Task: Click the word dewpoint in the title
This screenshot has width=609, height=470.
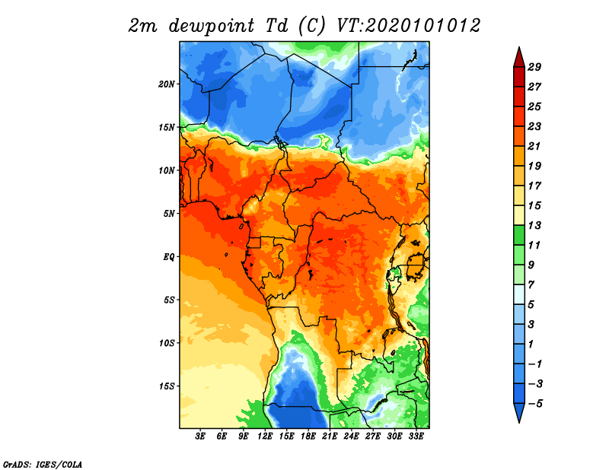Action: tap(212, 26)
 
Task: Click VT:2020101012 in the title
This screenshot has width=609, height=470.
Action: tap(408, 26)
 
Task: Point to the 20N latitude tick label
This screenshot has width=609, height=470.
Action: tap(166, 84)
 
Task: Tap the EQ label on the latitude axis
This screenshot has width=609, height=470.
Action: tap(168, 256)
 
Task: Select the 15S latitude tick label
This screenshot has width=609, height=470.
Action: tap(166, 386)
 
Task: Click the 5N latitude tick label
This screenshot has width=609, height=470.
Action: tap(168, 214)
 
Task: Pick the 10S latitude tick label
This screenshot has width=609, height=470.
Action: tap(166, 343)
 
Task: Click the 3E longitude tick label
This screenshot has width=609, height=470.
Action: tap(200, 437)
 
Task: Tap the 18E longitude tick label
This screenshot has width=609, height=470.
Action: tap(308, 437)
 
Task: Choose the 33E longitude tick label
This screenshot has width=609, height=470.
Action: tap(416, 437)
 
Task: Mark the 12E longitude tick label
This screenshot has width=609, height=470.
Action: tap(265, 437)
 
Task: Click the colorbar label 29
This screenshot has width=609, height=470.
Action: tap(534, 67)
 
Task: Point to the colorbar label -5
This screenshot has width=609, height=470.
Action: tap(535, 404)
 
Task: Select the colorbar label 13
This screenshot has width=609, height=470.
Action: tap(534, 225)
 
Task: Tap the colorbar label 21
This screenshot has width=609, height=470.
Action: tap(534, 146)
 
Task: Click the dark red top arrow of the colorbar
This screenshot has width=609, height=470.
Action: tap(519, 59)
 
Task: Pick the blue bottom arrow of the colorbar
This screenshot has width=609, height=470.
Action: tap(519, 412)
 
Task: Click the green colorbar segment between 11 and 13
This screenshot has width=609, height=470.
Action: tap(519, 235)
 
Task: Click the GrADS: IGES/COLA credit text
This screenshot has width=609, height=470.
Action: tap(43, 465)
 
